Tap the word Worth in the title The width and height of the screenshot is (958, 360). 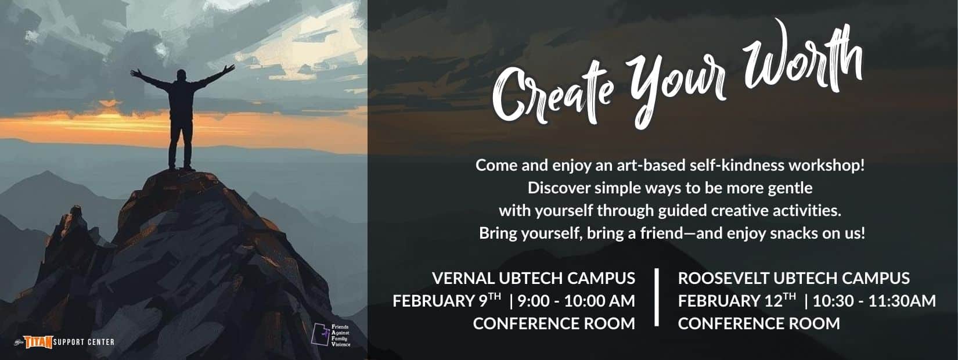click(802, 60)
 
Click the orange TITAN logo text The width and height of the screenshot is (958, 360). click(38, 342)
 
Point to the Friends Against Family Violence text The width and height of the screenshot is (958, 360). click(341, 336)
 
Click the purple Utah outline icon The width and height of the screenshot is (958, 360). click(320, 335)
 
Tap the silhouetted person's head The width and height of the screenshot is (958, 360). click(181, 75)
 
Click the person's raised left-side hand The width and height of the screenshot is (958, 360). click(136, 73)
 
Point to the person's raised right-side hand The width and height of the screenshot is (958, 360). click(229, 69)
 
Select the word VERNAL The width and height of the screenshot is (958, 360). click(463, 278)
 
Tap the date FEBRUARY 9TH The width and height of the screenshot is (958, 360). click(447, 301)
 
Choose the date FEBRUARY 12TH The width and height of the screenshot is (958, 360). click(737, 301)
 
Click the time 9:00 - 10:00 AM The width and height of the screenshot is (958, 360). click(576, 301)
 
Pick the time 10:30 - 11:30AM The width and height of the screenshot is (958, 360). click(874, 301)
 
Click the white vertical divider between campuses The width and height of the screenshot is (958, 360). click(657, 297)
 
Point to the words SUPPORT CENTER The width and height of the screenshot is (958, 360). click(84, 342)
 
